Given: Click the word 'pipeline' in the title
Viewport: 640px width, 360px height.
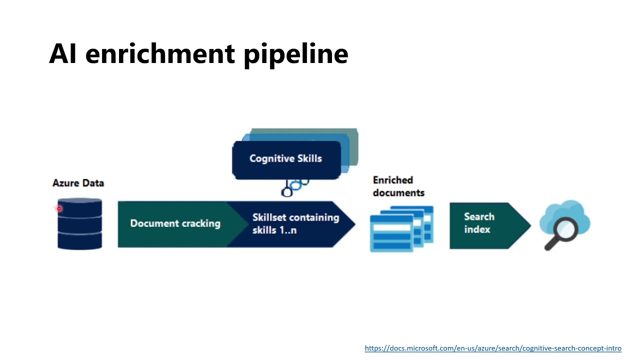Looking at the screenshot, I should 295,53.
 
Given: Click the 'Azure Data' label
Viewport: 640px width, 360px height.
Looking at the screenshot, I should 78,183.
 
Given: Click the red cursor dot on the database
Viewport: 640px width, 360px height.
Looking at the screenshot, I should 59,208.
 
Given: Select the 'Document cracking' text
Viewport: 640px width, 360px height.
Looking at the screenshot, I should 175,223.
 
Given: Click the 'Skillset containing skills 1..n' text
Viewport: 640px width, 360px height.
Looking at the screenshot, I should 295,223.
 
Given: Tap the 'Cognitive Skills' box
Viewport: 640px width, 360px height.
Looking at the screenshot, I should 286,159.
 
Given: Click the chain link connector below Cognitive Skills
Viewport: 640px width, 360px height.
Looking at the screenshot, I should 294,187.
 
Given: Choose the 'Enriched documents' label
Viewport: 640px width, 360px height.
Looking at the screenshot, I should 398,186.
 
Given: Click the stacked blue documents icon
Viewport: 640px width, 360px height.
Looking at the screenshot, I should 401,228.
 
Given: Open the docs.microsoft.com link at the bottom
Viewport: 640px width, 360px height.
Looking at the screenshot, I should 493,348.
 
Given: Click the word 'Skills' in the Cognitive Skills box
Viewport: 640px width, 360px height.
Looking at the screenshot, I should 309,158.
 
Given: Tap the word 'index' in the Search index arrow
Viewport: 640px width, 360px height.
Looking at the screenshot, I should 477,229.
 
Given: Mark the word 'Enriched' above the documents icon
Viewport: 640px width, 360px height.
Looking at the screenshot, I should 393,180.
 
